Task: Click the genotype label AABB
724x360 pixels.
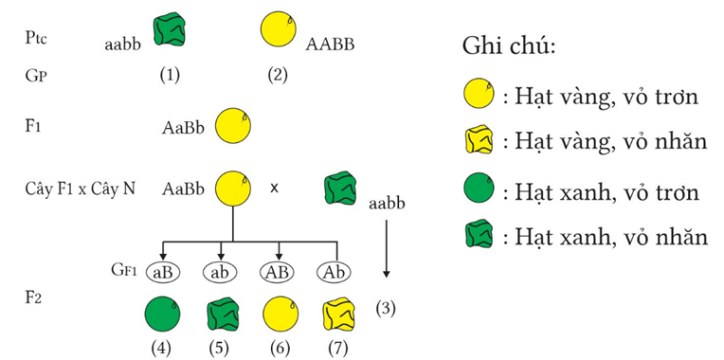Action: pyautogui.click(x=330, y=43)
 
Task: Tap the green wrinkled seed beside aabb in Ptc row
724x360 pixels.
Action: pyautogui.click(x=170, y=31)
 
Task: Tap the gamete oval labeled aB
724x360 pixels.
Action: pyautogui.click(x=164, y=272)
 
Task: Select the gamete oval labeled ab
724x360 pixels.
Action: pyautogui.click(x=222, y=272)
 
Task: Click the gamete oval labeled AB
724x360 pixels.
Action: pyautogui.click(x=280, y=272)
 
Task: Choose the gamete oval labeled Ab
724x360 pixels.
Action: pyautogui.click(x=335, y=272)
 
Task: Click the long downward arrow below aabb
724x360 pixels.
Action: pyautogui.click(x=386, y=246)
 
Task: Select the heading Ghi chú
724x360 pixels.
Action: pyautogui.click(x=508, y=45)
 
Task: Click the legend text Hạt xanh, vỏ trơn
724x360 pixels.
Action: pyautogui.click(x=604, y=191)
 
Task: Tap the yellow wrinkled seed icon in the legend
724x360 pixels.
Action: pyautogui.click(x=478, y=142)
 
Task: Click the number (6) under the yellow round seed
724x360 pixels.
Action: pyautogui.click(x=278, y=348)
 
